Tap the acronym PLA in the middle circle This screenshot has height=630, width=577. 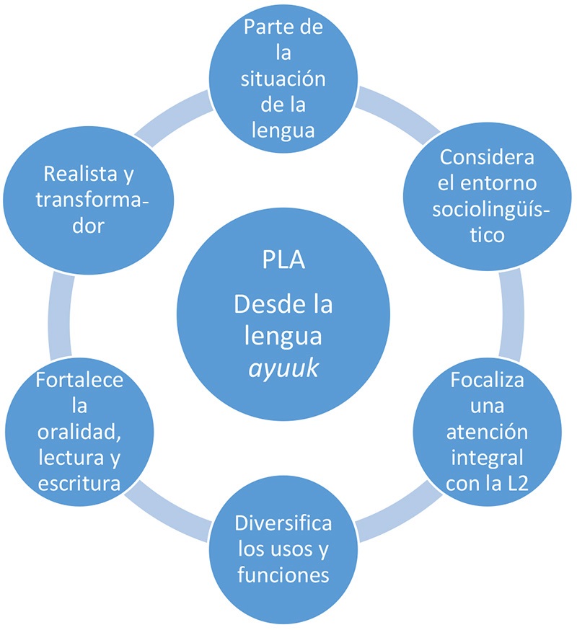(x=283, y=259)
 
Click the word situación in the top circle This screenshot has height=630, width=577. (x=283, y=77)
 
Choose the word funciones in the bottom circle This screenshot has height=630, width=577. (x=283, y=574)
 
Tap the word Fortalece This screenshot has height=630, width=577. (x=69, y=381)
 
